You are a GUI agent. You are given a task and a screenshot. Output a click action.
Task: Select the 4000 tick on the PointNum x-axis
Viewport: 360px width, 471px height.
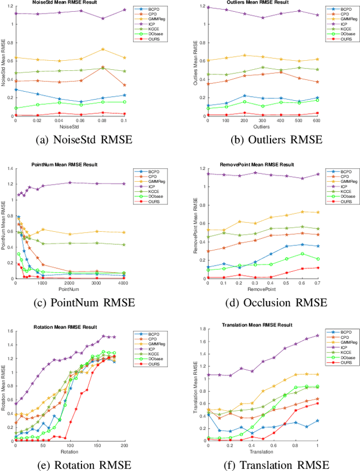[126, 284]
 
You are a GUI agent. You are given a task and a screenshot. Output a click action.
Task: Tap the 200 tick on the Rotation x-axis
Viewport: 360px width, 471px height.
[126, 445]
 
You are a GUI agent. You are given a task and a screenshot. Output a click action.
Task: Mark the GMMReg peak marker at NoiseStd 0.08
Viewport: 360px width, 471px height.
[102, 49]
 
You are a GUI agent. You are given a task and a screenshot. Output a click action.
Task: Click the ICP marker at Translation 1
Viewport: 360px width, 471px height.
[317, 335]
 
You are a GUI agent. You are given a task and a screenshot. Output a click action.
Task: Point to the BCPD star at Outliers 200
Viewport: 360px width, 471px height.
[244, 96]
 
